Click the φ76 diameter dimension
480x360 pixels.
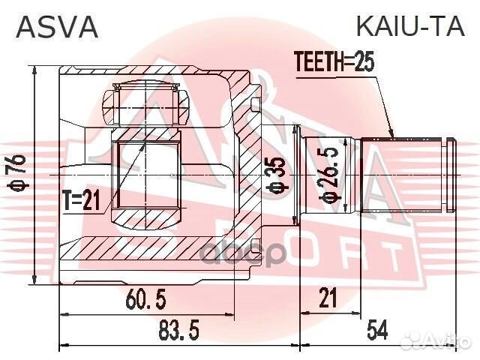pyautogui.click(x=22, y=174)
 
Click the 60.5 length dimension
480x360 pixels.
pyautogui.click(x=146, y=301)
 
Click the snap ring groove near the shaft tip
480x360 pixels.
pyautogui.click(x=447, y=174)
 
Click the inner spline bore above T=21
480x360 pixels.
pyautogui.click(x=147, y=172)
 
